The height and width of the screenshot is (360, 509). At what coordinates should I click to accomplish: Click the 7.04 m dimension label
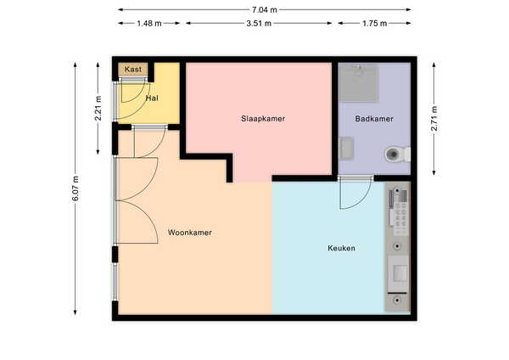[x=264, y=9]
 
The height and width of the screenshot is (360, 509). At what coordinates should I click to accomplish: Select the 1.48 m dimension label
[x=149, y=24]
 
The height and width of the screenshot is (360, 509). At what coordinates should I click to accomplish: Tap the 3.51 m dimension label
[x=259, y=24]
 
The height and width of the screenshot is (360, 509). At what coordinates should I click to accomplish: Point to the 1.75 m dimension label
[x=374, y=24]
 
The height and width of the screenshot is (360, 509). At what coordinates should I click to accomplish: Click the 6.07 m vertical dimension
[x=76, y=188]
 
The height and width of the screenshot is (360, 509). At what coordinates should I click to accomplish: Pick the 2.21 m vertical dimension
[x=98, y=108]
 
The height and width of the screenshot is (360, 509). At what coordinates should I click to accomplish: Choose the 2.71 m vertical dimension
[x=434, y=118]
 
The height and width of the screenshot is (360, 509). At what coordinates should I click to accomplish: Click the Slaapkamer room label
[x=263, y=119]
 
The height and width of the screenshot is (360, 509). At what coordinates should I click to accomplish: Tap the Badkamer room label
[x=374, y=119]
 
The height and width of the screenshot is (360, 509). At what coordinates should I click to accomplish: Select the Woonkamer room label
[x=189, y=233]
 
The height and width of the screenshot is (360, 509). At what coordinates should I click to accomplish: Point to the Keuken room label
[x=341, y=248]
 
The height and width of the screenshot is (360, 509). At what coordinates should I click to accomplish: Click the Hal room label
[x=152, y=98]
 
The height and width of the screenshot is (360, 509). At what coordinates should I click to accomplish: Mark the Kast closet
[x=133, y=70]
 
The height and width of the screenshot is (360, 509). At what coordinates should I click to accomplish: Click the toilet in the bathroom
[x=397, y=155]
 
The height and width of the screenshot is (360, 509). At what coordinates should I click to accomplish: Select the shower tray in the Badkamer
[x=358, y=83]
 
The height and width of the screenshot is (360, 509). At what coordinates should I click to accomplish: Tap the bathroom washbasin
[x=346, y=149]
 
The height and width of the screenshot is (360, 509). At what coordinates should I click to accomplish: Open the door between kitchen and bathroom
[x=355, y=193]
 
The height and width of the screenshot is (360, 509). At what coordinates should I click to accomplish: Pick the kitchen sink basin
[x=399, y=273]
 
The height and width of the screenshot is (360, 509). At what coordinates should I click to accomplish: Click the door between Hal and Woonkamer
[x=149, y=142]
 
